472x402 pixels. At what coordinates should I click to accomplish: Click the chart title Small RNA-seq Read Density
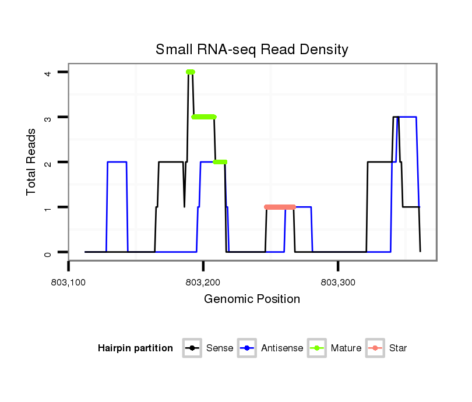click(252, 50)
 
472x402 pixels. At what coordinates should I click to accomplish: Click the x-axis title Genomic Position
click(252, 299)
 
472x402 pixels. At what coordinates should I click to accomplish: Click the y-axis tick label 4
click(48, 72)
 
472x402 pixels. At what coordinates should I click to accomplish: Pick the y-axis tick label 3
click(48, 117)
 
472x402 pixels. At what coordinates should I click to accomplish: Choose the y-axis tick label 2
click(48, 162)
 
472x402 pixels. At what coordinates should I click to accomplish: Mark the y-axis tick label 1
click(48, 207)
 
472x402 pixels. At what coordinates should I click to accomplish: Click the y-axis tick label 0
click(48, 252)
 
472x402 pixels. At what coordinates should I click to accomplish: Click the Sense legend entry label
click(220, 348)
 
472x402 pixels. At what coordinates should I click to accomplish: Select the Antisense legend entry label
click(282, 348)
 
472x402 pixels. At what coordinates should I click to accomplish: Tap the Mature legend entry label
click(346, 348)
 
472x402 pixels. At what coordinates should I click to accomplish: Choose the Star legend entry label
click(398, 348)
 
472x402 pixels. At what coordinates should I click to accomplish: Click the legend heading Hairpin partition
click(135, 348)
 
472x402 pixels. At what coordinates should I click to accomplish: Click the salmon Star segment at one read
click(280, 207)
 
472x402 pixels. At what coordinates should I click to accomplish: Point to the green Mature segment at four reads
click(191, 72)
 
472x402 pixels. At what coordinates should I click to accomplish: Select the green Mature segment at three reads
click(204, 117)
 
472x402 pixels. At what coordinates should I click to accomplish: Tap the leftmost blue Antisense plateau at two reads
click(117, 162)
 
